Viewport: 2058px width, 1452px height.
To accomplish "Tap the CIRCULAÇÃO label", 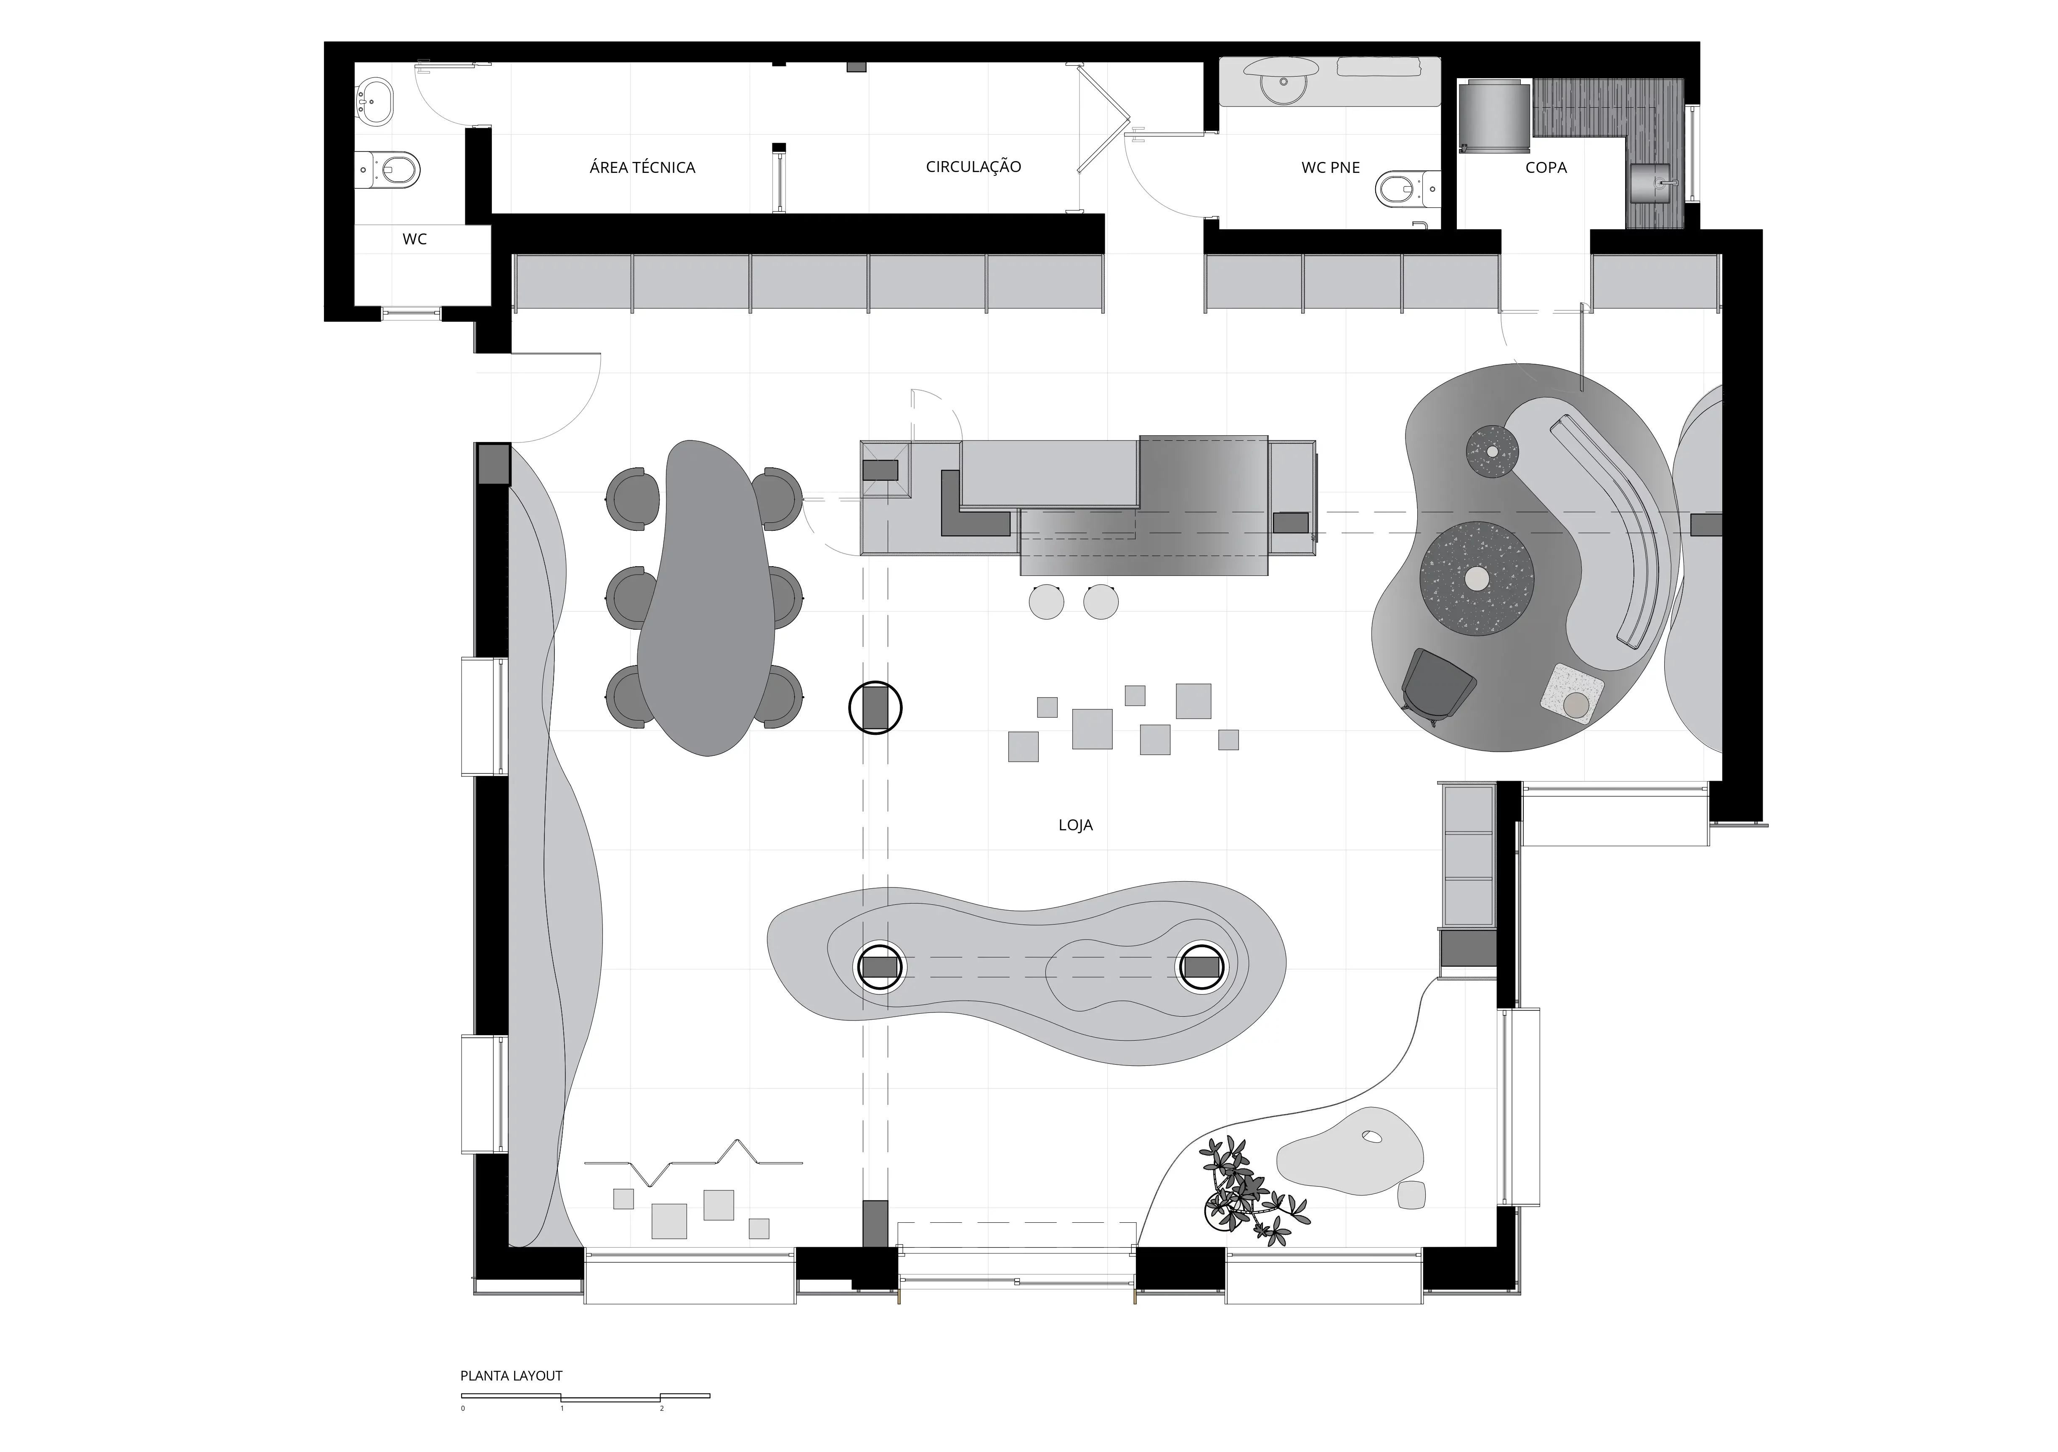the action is coord(973,167).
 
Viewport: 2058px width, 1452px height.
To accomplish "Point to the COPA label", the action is coord(1546,167).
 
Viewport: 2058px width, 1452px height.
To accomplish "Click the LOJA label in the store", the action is coord(1076,826).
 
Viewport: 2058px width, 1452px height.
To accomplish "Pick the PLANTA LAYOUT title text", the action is coord(511,1376).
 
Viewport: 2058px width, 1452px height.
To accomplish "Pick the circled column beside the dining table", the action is coord(875,708).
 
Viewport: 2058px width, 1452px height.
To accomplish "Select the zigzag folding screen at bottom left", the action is coord(693,1160).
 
